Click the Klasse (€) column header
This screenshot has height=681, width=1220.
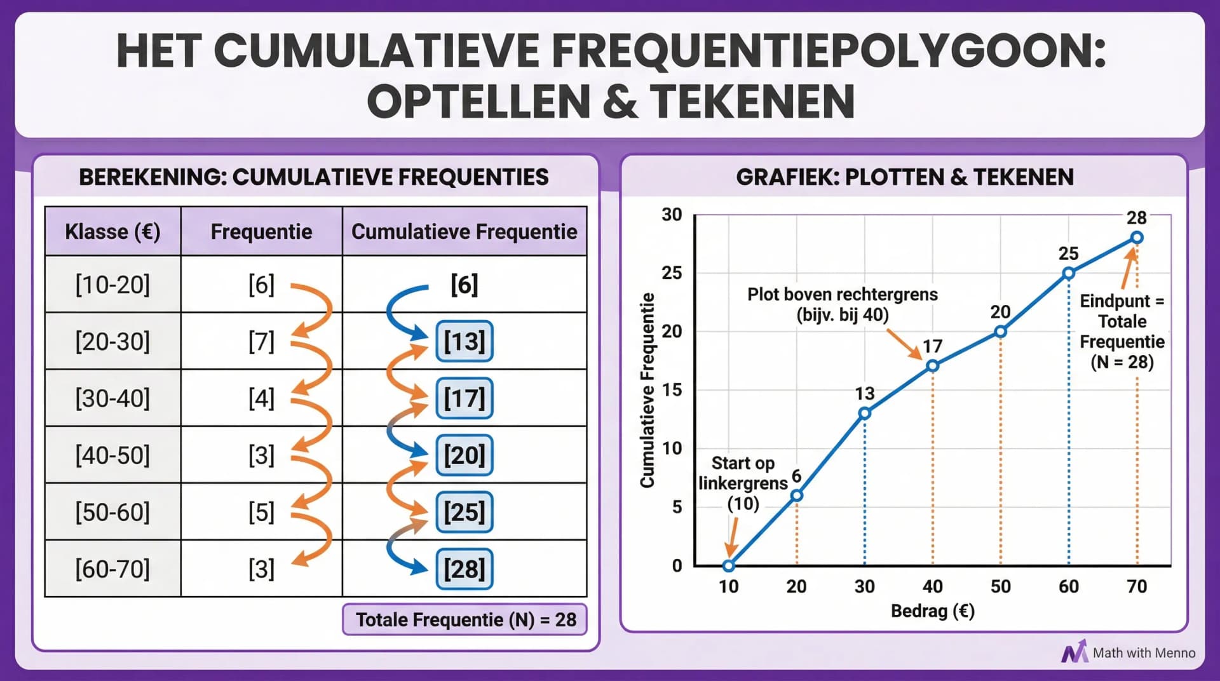click(x=112, y=232)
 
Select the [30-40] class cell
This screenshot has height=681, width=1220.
click(x=112, y=398)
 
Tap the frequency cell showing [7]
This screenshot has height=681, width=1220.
click(x=261, y=342)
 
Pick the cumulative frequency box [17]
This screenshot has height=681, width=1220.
click(x=464, y=398)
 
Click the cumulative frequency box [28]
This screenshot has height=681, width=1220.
click(x=464, y=569)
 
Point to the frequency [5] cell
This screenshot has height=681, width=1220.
click(x=261, y=512)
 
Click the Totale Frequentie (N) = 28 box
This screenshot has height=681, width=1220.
click(x=464, y=619)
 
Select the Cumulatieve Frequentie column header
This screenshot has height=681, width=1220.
click(x=464, y=232)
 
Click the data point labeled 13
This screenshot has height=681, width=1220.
click(x=864, y=414)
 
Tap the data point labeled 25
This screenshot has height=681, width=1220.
click(x=1068, y=273)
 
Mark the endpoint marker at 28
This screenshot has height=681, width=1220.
click(x=1137, y=238)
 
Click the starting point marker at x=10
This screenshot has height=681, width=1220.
click(x=729, y=565)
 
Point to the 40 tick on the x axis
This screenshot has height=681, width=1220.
click(x=932, y=586)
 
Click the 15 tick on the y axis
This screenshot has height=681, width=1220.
click(x=672, y=390)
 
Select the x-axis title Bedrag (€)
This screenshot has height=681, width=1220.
click(x=932, y=611)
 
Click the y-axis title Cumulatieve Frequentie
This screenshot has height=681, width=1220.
click(x=647, y=390)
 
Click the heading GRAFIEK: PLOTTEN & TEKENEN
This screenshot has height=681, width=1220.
click(x=904, y=177)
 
